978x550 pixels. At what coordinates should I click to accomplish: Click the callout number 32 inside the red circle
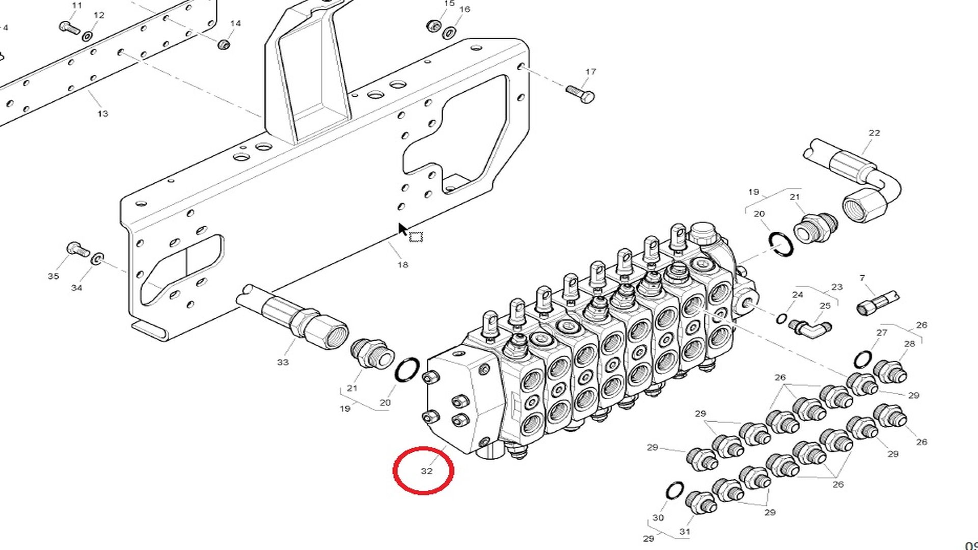tap(426, 471)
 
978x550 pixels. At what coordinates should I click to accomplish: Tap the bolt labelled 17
tap(580, 93)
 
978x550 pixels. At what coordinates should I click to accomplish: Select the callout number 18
tap(402, 265)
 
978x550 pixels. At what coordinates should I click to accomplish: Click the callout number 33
tap(283, 362)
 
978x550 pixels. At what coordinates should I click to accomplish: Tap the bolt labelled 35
tap(77, 250)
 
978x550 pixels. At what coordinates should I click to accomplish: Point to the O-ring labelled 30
tap(675, 491)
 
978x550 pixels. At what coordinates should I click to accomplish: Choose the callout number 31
tap(685, 532)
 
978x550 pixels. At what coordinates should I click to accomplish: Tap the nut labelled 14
tap(223, 44)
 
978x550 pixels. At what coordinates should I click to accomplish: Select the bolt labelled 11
tap(70, 26)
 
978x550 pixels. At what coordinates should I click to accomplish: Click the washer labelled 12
tap(88, 36)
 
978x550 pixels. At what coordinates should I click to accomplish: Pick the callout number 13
tap(102, 114)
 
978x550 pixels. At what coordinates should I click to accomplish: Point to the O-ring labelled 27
tap(862, 360)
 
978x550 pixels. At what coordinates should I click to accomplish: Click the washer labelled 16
tap(449, 33)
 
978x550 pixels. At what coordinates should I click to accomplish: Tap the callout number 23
tap(837, 287)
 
